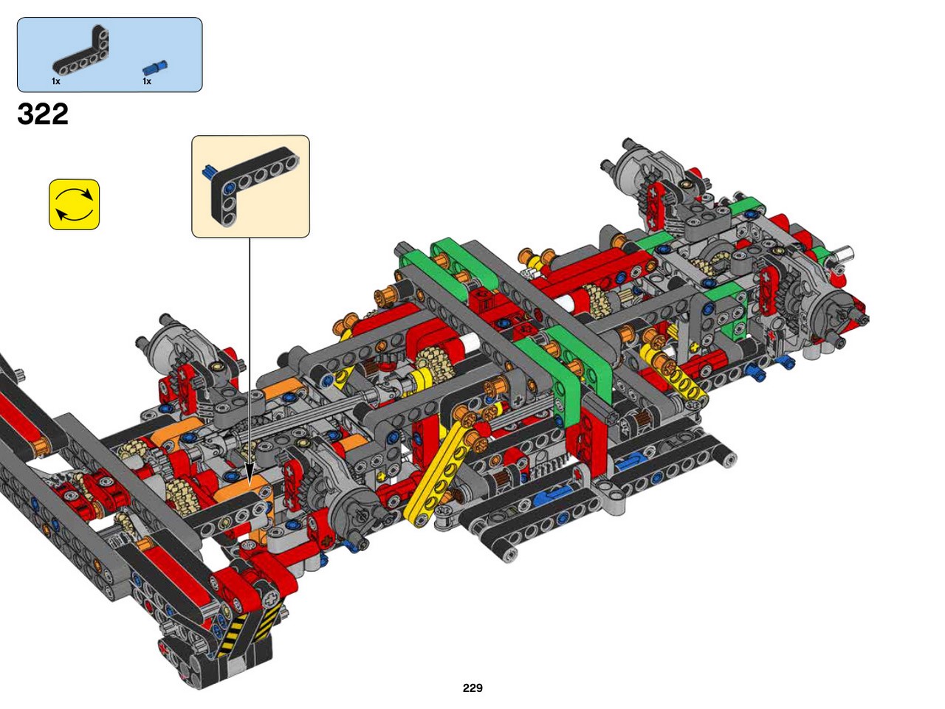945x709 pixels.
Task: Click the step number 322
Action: tap(43, 114)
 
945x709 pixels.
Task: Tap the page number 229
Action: tap(472, 688)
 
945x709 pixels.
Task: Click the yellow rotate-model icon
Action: tap(74, 204)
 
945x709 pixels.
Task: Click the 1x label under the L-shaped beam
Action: tap(56, 81)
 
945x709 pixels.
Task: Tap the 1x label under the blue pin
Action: tap(147, 81)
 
